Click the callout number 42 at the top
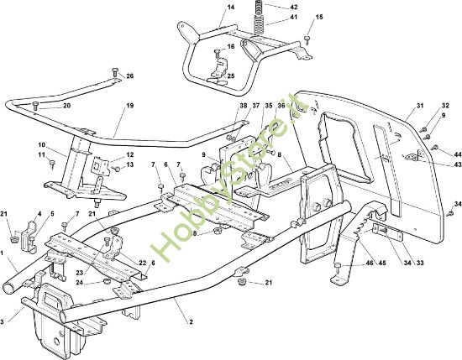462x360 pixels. (x=293, y=7)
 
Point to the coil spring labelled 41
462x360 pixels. (x=259, y=24)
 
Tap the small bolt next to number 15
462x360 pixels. (x=307, y=40)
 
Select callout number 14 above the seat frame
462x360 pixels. (x=231, y=7)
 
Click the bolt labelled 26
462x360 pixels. (x=115, y=72)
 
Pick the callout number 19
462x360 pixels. (x=130, y=106)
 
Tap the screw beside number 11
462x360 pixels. (x=52, y=164)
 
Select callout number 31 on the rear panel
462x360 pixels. (x=419, y=106)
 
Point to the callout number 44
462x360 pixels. (x=457, y=154)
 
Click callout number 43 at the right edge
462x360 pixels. (x=457, y=164)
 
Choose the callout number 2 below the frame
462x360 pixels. (x=191, y=322)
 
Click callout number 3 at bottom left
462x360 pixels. (x=2, y=322)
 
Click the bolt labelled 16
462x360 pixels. (x=218, y=54)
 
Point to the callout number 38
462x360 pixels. (x=244, y=106)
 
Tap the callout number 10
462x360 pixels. (x=41, y=145)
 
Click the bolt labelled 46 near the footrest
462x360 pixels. (x=338, y=266)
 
